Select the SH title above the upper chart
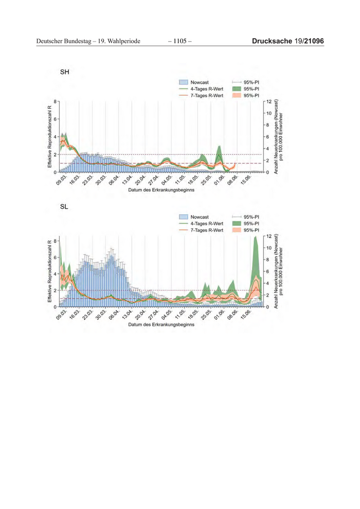pos(65,72)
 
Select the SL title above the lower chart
pos(64,207)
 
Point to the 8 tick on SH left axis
pos(56,101)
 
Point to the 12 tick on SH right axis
pos(268,101)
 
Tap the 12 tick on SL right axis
pos(268,237)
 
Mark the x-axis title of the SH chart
pos(161,190)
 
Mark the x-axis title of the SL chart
pos(161,325)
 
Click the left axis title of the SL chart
pos(49,271)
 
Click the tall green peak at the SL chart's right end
pos(256,247)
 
